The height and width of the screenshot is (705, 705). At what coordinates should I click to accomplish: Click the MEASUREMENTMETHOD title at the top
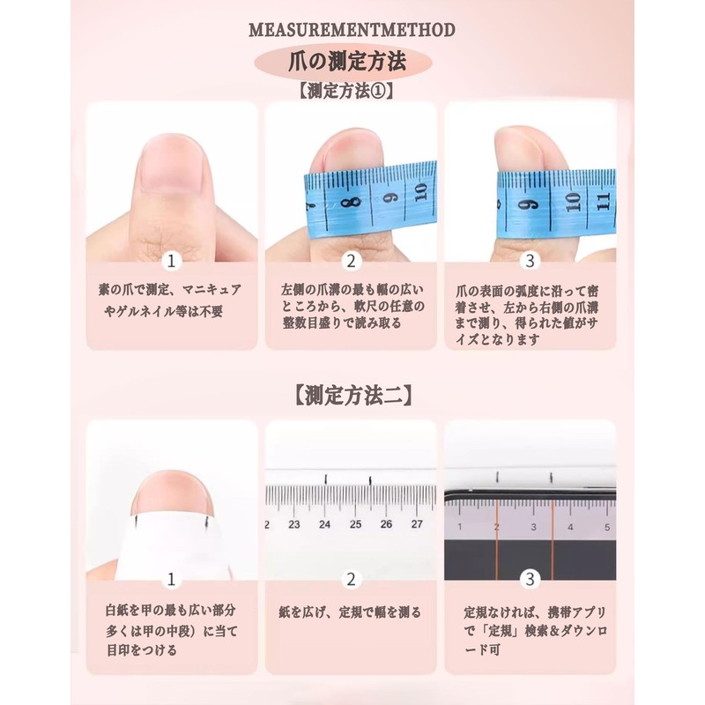click(x=352, y=30)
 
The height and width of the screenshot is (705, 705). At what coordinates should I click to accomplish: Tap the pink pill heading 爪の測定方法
click(x=352, y=63)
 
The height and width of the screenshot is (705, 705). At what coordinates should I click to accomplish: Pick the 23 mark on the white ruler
click(x=294, y=523)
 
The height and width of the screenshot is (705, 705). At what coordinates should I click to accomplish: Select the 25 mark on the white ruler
click(x=355, y=523)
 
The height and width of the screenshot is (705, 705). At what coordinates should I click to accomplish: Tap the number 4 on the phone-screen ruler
click(x=571, y=528)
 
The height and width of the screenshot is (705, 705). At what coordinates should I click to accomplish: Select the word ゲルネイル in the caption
click(x=157, y=312)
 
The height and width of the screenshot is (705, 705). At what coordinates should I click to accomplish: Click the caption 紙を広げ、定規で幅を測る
click(x=351, y=612)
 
